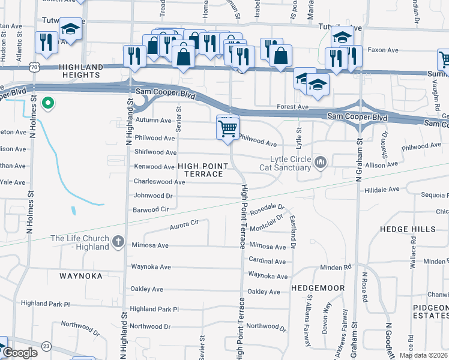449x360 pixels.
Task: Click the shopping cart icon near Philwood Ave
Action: [228, 127]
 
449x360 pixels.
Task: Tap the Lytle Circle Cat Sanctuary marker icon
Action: [320, 161]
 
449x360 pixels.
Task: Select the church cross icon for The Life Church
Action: [118, 242]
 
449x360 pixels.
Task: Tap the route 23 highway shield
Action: [47, 346]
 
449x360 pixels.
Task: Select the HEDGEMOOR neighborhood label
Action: [318, 288]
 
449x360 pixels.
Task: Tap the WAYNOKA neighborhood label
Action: [82, 277]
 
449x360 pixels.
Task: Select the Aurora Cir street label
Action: [184, 222]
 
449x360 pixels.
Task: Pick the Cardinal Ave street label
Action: [267, 262]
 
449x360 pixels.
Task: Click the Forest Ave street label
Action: [292, 107]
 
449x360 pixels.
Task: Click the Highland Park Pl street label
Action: [154, 309]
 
